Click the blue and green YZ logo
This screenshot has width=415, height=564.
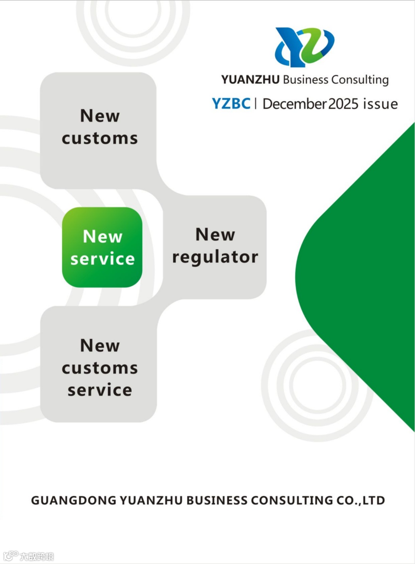point(304,47)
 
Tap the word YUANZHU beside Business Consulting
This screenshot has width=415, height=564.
point(250,80)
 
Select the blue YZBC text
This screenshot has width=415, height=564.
point(231,104)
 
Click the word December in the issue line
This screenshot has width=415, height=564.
point(294,104)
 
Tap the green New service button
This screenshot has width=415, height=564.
point(102,247)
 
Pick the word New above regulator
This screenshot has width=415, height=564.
point(215,235)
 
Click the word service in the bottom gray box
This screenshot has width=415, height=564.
point(100,390)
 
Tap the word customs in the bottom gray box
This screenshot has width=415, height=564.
point(100,368)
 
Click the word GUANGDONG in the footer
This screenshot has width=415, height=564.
point(73,501)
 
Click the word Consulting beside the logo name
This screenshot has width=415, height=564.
point(360,80)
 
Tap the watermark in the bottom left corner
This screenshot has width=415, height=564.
point(29,556)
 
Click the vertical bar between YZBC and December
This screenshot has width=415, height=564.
point(256,104)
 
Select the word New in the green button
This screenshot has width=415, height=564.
point(103,237)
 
